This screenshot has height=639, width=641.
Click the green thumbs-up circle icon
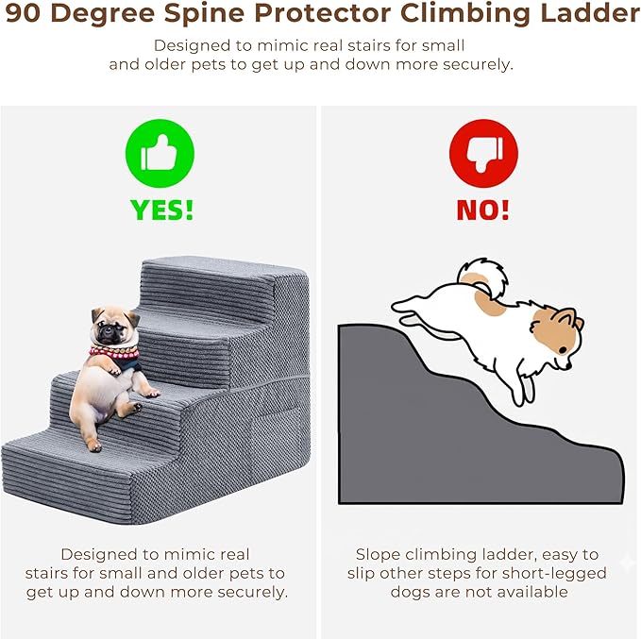pos(160,153)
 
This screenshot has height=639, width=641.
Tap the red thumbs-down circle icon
pos(482,153)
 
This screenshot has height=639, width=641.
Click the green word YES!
pos(161,210)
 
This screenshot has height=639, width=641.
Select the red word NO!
pos(483,210)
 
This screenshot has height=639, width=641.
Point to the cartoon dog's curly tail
pos(482,280)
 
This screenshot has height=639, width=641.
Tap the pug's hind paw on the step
pos(94,445)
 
